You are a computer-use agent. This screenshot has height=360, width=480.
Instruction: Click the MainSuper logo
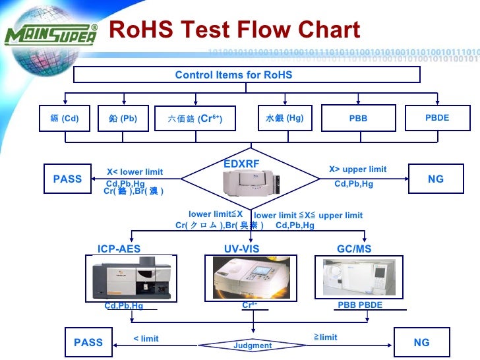click(x=51, y=34)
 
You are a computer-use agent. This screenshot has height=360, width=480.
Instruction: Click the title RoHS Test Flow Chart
click(x=233, y=30)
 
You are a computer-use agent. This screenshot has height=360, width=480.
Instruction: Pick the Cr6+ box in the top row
click(x=195, y=119)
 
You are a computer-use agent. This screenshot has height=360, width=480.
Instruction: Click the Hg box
click(x=285, y=119)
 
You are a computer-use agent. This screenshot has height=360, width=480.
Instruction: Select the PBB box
click(x=358, y=119)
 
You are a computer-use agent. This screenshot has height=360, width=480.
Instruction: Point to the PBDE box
click(x=437, y=118)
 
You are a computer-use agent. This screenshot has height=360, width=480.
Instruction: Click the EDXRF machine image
click(x=253, y=181)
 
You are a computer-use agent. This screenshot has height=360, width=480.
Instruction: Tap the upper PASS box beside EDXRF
click(x=67, y=179)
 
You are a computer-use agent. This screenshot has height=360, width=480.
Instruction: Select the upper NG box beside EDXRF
click(x=436, y=179)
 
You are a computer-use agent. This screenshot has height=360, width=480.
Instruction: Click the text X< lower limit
click(x=135, y=172)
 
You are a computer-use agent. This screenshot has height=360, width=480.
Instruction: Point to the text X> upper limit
click(x=358, y=169)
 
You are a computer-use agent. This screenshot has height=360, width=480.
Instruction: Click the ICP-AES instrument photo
click(x=124, y=278)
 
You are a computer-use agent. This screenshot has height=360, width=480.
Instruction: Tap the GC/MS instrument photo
click(x=360, y=277)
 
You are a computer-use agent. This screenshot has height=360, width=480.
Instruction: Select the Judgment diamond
click(x=253, y=345)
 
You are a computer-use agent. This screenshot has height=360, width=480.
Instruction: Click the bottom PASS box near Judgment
click(x=88, y=342)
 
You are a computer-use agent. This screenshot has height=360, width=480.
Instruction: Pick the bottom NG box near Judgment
click(x=421, y=342)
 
